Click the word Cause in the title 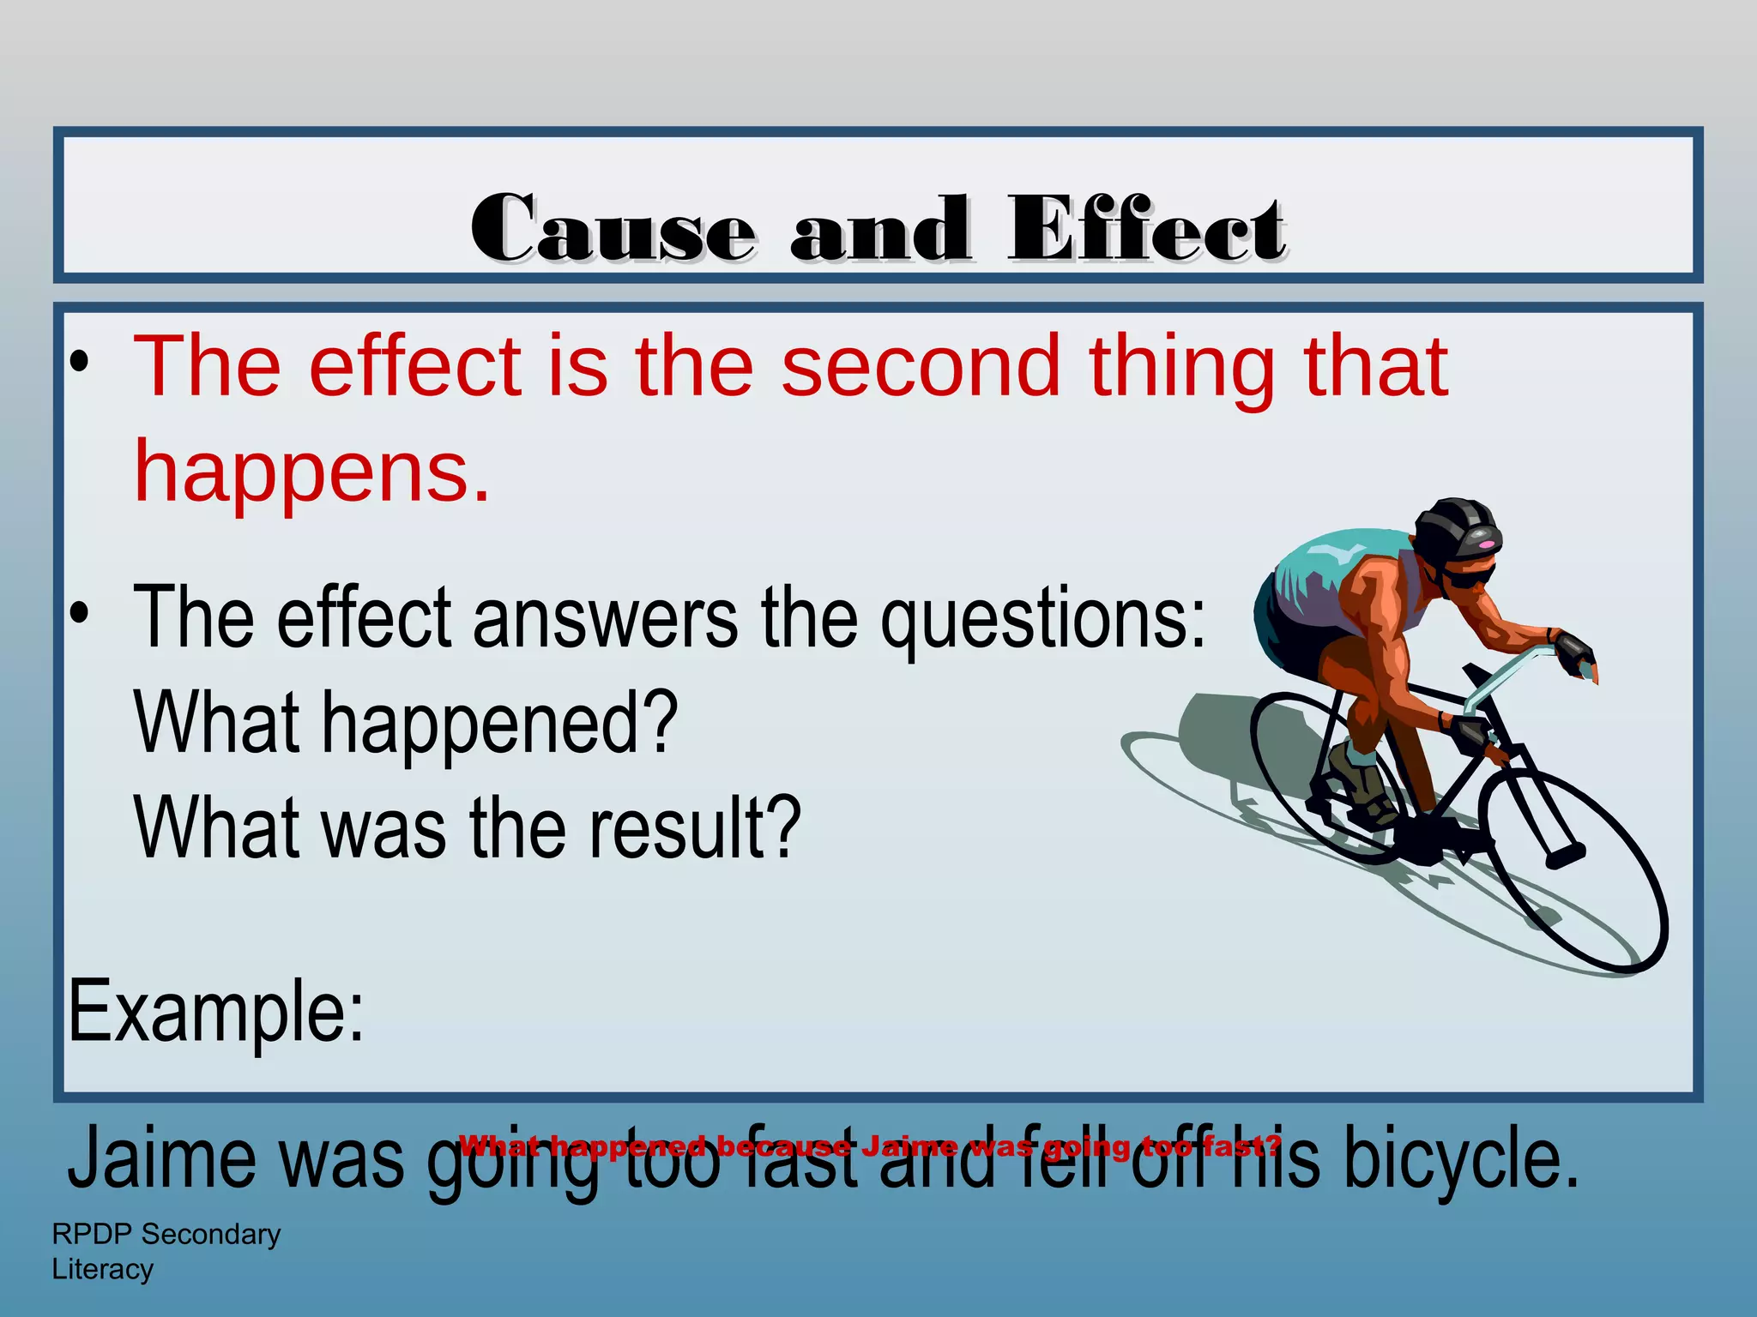(x=613, y=230)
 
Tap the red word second (x=921, y=367)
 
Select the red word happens (x=312, y=472)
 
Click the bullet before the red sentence (x=80, y=364)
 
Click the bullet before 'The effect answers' (x=80, y=614)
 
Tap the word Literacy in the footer (x=103, y=1269)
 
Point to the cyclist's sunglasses (x=1469, y=576)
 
